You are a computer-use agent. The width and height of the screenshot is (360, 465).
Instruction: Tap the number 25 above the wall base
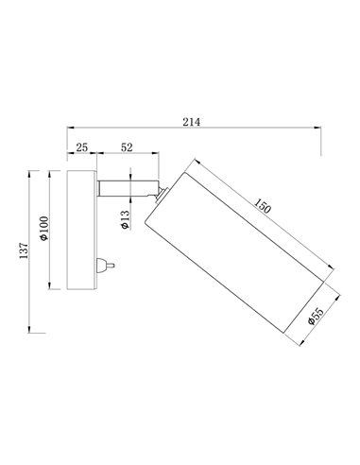[x=81, y=147]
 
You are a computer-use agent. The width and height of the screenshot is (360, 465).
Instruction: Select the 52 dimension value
[x=127, y=147]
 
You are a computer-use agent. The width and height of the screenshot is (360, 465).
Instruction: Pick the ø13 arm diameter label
[x=125, y=220]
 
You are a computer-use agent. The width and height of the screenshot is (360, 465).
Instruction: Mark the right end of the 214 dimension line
[x=320, y=128]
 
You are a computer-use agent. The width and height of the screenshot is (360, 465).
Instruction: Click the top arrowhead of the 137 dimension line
[x=34, y=172]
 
